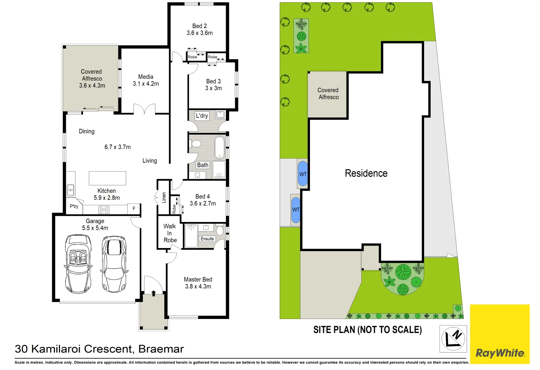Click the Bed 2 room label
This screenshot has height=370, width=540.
tap(200, 26)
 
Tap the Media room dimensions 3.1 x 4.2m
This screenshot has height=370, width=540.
tap(146, 84)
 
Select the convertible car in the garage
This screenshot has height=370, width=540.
tap(78, 264)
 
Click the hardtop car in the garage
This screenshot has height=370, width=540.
tap(114, 264)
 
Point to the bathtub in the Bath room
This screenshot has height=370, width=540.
tap(219, 147)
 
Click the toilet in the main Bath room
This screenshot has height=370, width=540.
tap(195, 143)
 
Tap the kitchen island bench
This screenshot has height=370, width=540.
tap(107, 178)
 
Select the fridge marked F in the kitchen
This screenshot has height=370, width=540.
tap(134, 209)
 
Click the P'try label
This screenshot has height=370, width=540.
tap(74, 206)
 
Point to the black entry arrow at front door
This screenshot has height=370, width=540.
tap(154, 293)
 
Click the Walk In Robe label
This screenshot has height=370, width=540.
tap(170, 233)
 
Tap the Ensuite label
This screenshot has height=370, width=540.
tap(207, 239)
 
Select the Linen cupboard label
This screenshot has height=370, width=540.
tap(164, 198)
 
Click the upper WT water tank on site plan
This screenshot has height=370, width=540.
tap(303, 174)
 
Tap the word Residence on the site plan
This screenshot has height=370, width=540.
tap(366, 173)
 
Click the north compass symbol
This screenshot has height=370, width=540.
tap(453, 338)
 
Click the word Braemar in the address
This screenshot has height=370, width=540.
tap(161, 349)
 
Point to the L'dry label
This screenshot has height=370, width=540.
tap(202, 116)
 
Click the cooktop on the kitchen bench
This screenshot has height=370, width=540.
tap(104, 209)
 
